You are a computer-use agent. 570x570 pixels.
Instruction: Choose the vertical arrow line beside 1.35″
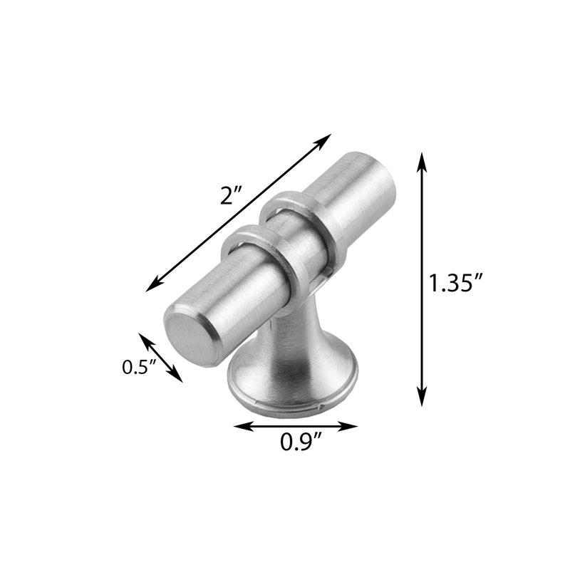(x=423, y=278)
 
